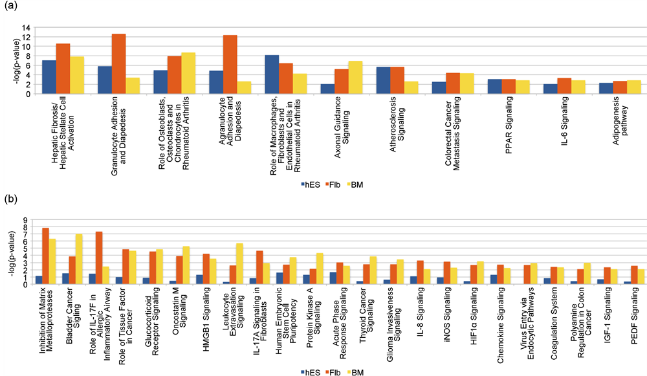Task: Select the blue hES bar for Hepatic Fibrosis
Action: pos(49,77)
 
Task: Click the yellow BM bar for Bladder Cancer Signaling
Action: pos(80,259)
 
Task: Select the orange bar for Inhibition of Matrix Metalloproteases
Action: pos(45,256)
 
